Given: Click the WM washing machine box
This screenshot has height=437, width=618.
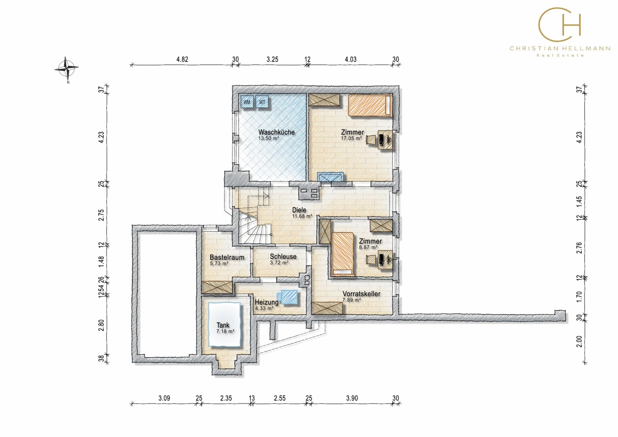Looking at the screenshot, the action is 247,102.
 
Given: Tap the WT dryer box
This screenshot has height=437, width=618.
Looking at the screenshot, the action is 262,102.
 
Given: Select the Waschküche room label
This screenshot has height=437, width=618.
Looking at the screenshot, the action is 277,132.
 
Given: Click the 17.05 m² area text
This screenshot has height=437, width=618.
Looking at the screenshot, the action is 351,138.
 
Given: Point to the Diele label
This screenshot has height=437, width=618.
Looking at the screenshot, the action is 299,210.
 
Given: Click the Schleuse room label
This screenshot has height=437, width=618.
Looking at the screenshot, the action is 283,257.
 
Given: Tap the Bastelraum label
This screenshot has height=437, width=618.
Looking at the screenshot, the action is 227,257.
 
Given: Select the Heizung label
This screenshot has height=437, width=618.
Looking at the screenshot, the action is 267,302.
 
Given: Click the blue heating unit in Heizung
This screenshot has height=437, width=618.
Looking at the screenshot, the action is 288,297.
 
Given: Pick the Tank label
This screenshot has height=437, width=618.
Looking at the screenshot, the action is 223,325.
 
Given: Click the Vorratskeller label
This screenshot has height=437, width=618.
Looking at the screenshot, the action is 362,294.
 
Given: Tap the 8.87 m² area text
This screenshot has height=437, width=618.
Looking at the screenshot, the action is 368,247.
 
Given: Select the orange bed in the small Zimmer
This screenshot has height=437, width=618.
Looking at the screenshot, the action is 343,254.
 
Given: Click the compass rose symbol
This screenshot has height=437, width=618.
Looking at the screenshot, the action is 66,68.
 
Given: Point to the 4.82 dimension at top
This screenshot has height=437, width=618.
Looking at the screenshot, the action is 182,59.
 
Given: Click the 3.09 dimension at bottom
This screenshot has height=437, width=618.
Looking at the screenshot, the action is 164,398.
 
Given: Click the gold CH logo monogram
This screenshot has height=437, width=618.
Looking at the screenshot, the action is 559,24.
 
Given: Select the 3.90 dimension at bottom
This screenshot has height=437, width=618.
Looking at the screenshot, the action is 352,398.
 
